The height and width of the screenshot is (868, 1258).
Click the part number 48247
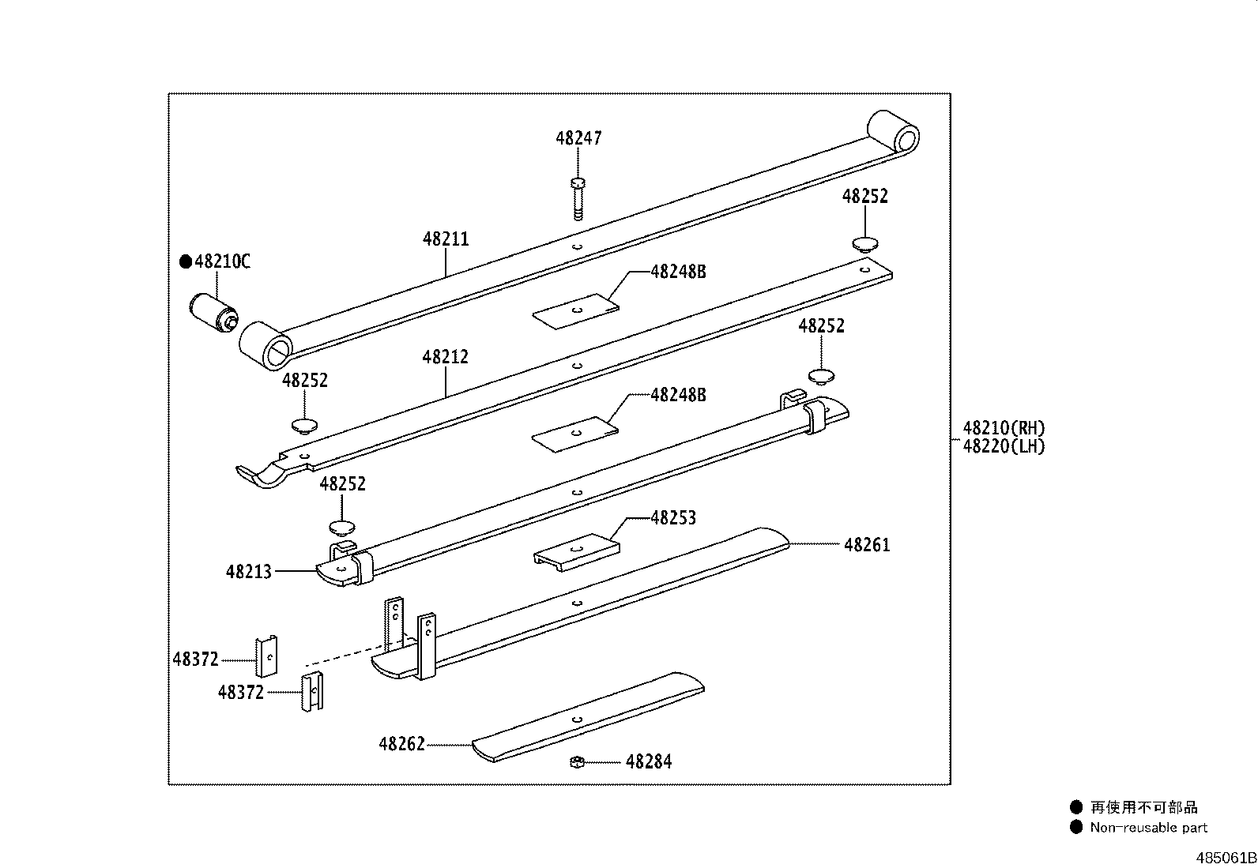(x=578, y=138)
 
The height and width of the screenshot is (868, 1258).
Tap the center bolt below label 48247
(x=577, y=198)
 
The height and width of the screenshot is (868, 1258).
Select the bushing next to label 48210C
(x=213, y=313)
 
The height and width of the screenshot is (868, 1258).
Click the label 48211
(x=446, y=239)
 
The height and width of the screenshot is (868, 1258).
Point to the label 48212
(x=446, y=357)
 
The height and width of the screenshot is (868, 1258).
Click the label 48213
(x=248, y=571)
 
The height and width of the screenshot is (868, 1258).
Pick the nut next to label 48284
(x=577, y=761)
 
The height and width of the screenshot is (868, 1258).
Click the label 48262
(x=401, y=744)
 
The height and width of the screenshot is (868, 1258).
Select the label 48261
(x=867, y=545)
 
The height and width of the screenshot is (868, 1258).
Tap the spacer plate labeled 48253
(x=576, y=550)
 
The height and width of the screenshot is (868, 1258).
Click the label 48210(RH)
(x=1004, y=428)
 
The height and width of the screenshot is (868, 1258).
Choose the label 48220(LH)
(x=1004, y=446)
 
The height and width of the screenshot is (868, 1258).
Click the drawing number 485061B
(x=1226, y=858)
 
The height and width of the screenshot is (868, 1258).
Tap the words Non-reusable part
(x=1148, y=828)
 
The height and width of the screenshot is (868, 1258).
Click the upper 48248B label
(x=678, y=272)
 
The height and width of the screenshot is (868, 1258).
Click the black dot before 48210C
(x=186, y=261)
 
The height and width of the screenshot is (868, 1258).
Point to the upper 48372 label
(x=196, y=659)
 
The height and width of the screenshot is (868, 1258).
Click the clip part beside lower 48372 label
(x=312, y=693)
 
